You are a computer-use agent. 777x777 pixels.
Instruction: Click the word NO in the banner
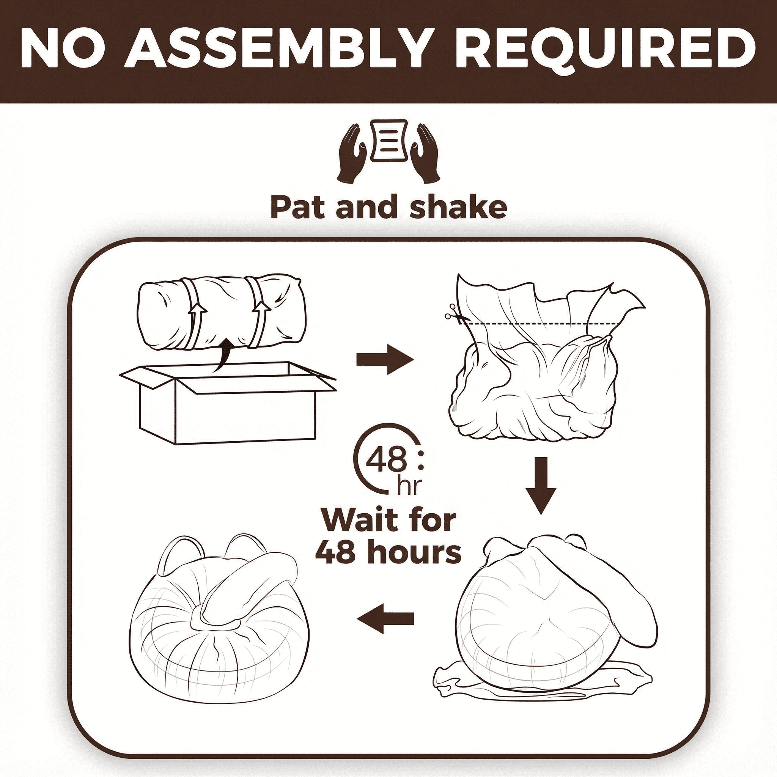(x=62, y=49)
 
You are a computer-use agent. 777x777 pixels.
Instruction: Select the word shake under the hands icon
(x=458, y=207)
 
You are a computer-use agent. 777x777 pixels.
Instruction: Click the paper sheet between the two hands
(x=388, y=140)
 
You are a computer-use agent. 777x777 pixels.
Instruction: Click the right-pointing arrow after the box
(x=385, y=359)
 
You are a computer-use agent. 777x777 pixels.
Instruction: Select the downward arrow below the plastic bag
(x=541, y=485)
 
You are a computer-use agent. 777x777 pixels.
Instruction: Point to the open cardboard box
(x=228, y=402)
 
